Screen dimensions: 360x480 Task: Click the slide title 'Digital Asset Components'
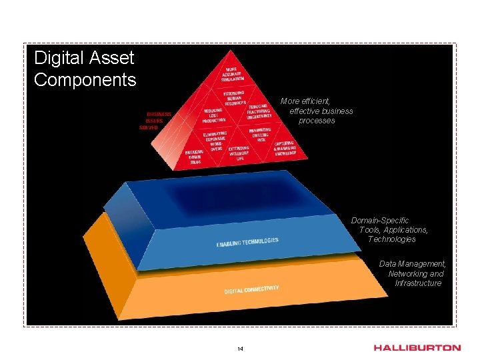coord(85,69)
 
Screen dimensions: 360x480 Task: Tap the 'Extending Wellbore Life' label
coord(239,153)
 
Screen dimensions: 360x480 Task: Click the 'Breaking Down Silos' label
coord(195,157)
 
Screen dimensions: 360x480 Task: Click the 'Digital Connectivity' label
coord(251,289)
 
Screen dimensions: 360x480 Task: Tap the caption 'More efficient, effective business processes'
coord(318,111)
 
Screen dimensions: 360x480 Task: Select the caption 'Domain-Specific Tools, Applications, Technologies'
coord(390,229)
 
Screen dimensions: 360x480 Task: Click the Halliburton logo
coord(417,347)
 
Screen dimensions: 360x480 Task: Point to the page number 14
coord(240,349)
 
